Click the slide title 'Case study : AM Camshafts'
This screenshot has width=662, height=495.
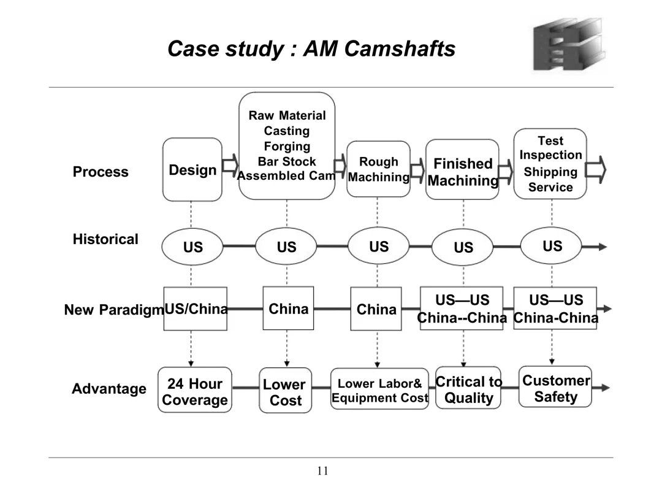(x=311, y=49)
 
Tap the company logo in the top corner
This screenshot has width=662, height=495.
(x=569, y=44)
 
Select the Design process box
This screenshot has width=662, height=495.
(x=192, y=169)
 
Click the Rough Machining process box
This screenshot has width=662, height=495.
(x=378, y=169)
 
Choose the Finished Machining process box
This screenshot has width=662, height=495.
(x=462, y=169)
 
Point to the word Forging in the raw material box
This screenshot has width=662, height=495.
(x=287, y=146)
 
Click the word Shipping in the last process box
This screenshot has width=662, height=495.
(x=550, y=172)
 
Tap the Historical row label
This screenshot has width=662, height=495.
(x=105, y=239)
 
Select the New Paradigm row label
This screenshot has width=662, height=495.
(x=113, y=310)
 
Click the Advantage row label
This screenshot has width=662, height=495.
(x=109, y=388)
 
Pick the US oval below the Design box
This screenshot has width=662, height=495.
(x=192, y=247)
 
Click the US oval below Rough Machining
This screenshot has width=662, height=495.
(x=379, y=246)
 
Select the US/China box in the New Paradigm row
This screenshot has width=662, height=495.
(x=196, y=309)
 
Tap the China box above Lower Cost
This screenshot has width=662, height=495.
(x=288, y=309)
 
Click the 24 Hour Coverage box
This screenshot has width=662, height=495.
(x=195, y=390)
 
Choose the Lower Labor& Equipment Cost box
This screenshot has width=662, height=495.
(x=379, y=389)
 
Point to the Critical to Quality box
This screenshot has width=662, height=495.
(x=468, y=388)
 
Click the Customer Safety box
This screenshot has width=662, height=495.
(x=555, y=387)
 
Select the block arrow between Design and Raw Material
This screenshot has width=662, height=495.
(x=230, y=165)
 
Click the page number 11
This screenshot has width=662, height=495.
(x=322, y=471)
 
